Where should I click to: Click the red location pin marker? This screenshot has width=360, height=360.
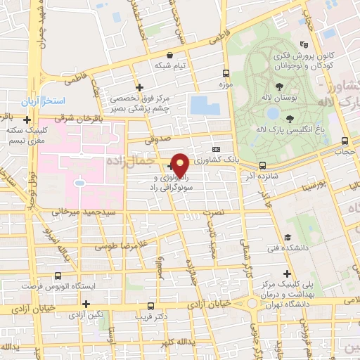coord(181,165)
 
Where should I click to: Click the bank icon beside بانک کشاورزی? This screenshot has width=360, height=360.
coord(216,150)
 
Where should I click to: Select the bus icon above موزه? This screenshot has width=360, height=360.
coord(226,73)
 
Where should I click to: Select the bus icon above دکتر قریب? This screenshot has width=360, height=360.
coord(150,307)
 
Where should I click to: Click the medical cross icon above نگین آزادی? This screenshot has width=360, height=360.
coord(86,304)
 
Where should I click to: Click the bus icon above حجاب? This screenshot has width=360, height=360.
coord(344,141)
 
